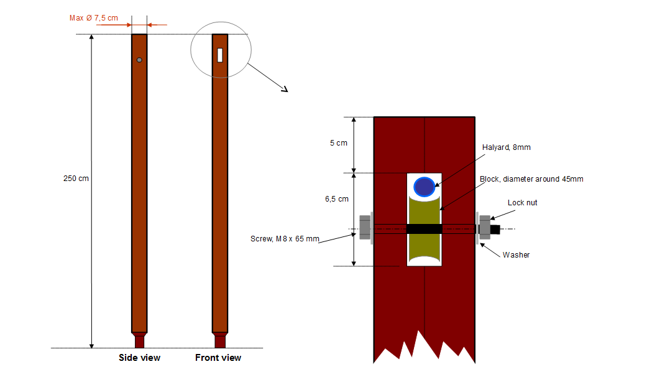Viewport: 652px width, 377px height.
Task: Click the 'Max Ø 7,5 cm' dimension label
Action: (x=93, y=18)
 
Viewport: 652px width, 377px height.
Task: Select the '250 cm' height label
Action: (x=76, y=179)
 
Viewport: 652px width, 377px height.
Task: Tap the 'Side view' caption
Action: (x=139, y=358)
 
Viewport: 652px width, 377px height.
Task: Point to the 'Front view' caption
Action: (x=218, y=358)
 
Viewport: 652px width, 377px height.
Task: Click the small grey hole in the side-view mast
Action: (x=139, y=60)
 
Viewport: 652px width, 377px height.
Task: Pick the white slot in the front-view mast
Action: (x=220, y=55)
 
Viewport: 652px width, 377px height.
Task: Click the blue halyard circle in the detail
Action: (x=424, y=187)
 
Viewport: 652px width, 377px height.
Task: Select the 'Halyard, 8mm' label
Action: (x=506, y=147)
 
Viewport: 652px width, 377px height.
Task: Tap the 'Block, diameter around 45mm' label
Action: (x=531, y=179)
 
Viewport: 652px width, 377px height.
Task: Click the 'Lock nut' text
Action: (x=522, y=203)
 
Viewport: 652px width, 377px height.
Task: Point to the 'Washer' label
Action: (x=516, y=255)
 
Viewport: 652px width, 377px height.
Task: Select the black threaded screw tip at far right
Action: (x=495, y=229)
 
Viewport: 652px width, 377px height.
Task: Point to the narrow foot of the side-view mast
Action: (x=139, y=342)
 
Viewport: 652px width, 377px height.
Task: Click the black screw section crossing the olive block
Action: (x=424, y=229)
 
